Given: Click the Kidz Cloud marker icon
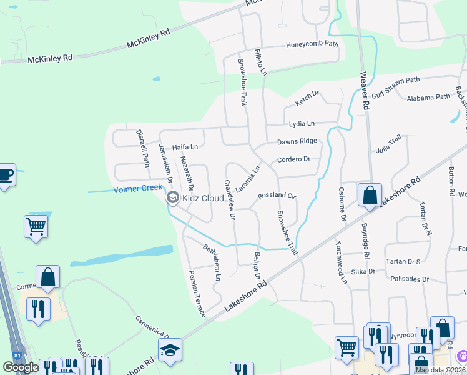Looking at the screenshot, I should pos(173,198).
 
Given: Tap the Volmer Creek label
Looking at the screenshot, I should pos(138,189).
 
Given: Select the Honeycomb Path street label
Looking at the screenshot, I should pos(312,45).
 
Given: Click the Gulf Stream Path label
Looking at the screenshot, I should pos(396,88).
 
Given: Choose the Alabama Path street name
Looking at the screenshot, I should pos(428,97).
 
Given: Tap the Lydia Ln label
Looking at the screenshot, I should pos(302,124).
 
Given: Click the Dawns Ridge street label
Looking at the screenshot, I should pos(297,141).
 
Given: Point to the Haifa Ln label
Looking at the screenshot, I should pos(185,147).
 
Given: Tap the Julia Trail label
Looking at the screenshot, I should pos(388,146).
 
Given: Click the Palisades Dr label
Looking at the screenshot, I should pos(409,279).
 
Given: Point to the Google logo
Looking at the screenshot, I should pos(21,367).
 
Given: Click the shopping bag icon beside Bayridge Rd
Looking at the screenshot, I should pos(370,194).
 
